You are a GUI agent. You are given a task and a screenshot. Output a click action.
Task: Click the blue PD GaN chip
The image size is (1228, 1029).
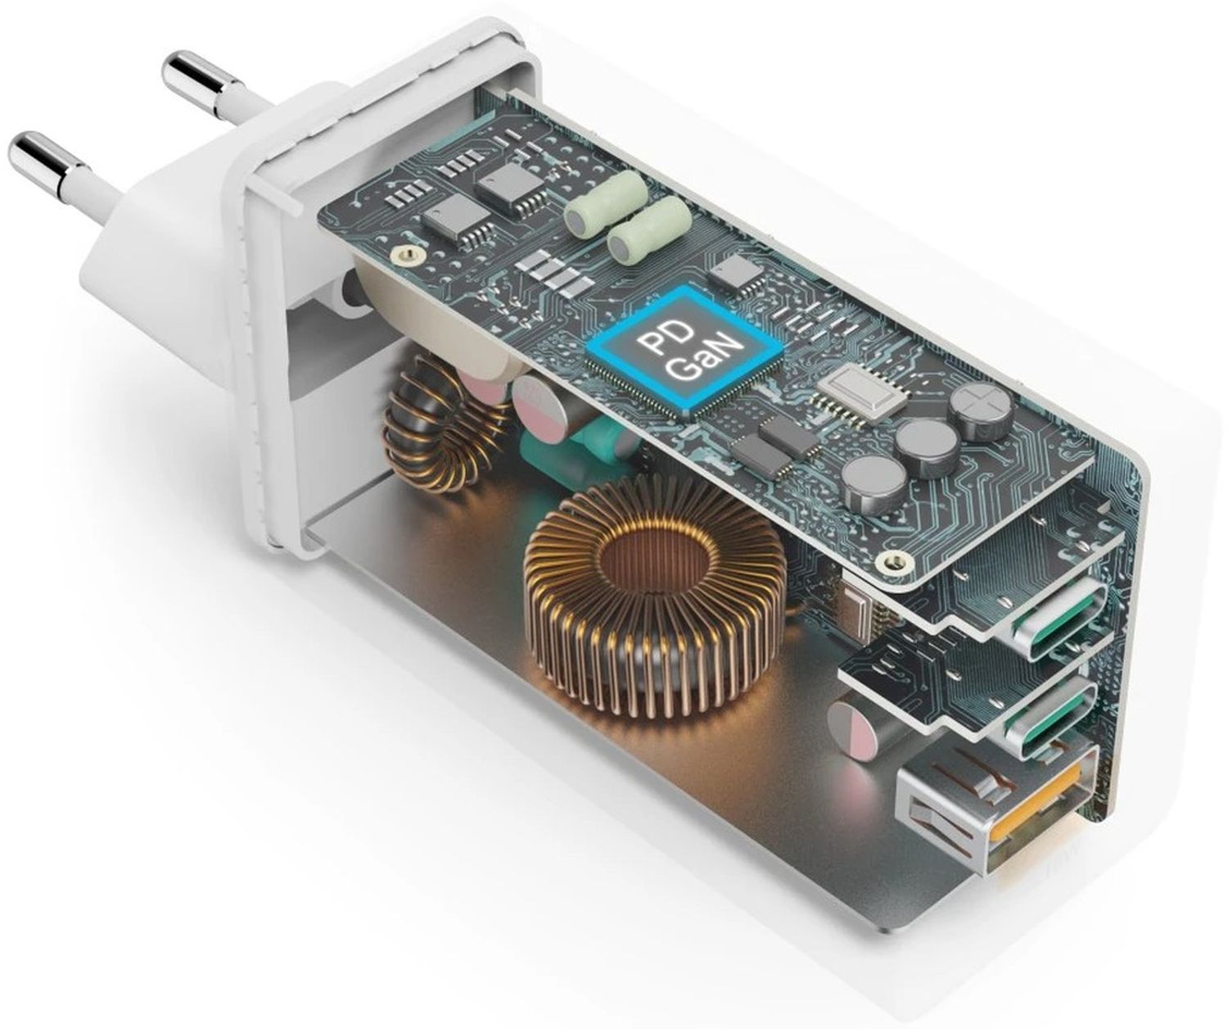click(x=684, y=352)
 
